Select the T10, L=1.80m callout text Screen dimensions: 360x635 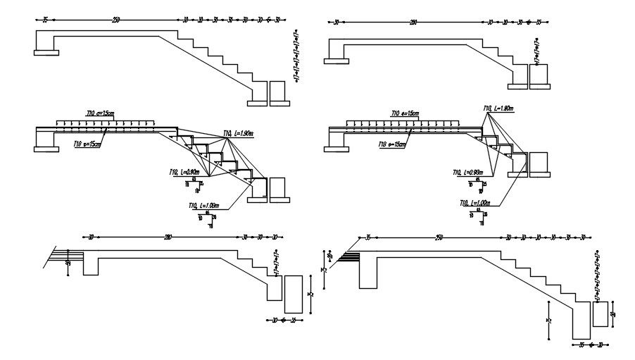pos(498,108)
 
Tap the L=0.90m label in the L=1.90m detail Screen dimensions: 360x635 pos(185,172)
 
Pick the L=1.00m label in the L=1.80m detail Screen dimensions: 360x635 pos(476,203)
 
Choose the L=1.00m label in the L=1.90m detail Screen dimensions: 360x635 pos(204,206)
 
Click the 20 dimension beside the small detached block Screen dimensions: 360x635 pos(612,314)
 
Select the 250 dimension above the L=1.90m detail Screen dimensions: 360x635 pos(116,19)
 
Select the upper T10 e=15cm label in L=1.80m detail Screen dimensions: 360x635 pos(405,113)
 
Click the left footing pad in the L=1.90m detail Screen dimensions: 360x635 pos(47,148)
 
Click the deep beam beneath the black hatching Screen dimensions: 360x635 pos(367,273)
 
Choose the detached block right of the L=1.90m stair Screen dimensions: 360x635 pos(277,188)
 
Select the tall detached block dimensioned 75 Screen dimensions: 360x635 pos(293,294)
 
